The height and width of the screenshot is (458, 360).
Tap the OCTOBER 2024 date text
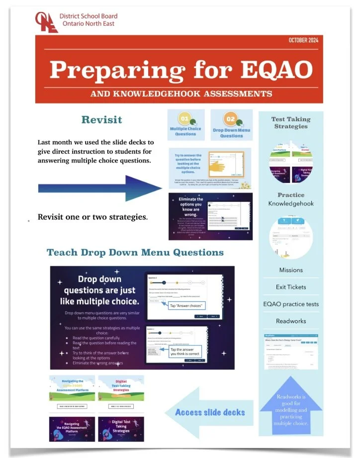coord(303,40)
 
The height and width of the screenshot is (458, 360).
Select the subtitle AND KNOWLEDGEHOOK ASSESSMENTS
coord(181,93)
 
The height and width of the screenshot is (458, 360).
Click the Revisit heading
coord(101,120)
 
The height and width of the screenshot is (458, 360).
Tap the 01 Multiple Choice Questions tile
coord(185,125)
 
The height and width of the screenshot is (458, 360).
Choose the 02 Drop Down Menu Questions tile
coord(231,125)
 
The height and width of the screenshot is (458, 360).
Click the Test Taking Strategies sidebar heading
coord(290,122)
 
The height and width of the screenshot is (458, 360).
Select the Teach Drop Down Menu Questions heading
coord(135,252)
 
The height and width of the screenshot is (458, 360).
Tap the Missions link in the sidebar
coord(291,270)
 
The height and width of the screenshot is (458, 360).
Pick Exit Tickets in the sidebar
coord(291,287)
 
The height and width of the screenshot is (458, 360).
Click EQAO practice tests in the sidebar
coord(291,304)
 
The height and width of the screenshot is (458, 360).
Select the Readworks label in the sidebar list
coord(291,321)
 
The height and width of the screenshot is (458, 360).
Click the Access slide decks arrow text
coord(210,412)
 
